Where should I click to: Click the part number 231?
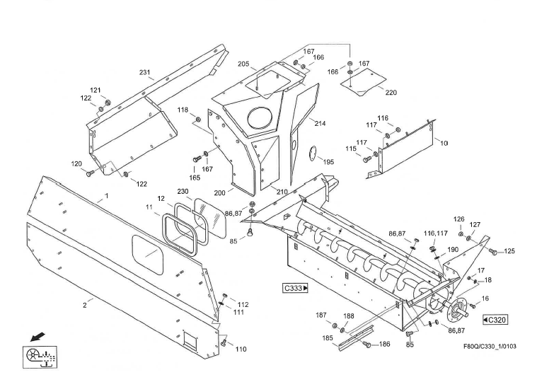point(145,72)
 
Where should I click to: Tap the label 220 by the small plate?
point(391,92)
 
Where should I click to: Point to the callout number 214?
point(320,123)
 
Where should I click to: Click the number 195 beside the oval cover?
point(329,162)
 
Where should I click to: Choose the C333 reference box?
point(296,288)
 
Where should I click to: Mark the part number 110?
point(241,349)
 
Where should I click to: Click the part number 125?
point(509,252)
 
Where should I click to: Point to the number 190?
point(453,250)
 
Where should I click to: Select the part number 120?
point(76,163)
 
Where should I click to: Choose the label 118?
point(183,110)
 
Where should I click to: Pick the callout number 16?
point(485,299)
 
